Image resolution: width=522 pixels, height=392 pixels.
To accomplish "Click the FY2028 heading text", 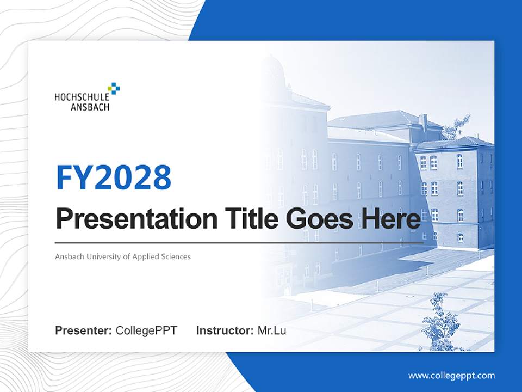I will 114,177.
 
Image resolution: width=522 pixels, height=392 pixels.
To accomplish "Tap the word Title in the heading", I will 250,219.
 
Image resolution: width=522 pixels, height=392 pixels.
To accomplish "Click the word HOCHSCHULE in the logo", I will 82,97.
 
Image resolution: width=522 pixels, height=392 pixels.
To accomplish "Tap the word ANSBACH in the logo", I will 90,107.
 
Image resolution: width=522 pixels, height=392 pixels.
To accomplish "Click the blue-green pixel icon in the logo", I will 114,88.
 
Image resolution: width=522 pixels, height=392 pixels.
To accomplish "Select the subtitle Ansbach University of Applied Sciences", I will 123,256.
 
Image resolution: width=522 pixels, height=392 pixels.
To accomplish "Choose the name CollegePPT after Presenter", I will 146,330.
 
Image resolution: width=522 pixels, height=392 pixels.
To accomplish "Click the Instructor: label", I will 225,330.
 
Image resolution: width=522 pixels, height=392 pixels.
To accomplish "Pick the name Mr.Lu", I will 272,330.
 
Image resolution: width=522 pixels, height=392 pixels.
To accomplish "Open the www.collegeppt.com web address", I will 451,375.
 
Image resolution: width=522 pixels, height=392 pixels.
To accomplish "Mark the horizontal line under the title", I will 239,242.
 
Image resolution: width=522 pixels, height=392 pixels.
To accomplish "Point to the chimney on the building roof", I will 423,122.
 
